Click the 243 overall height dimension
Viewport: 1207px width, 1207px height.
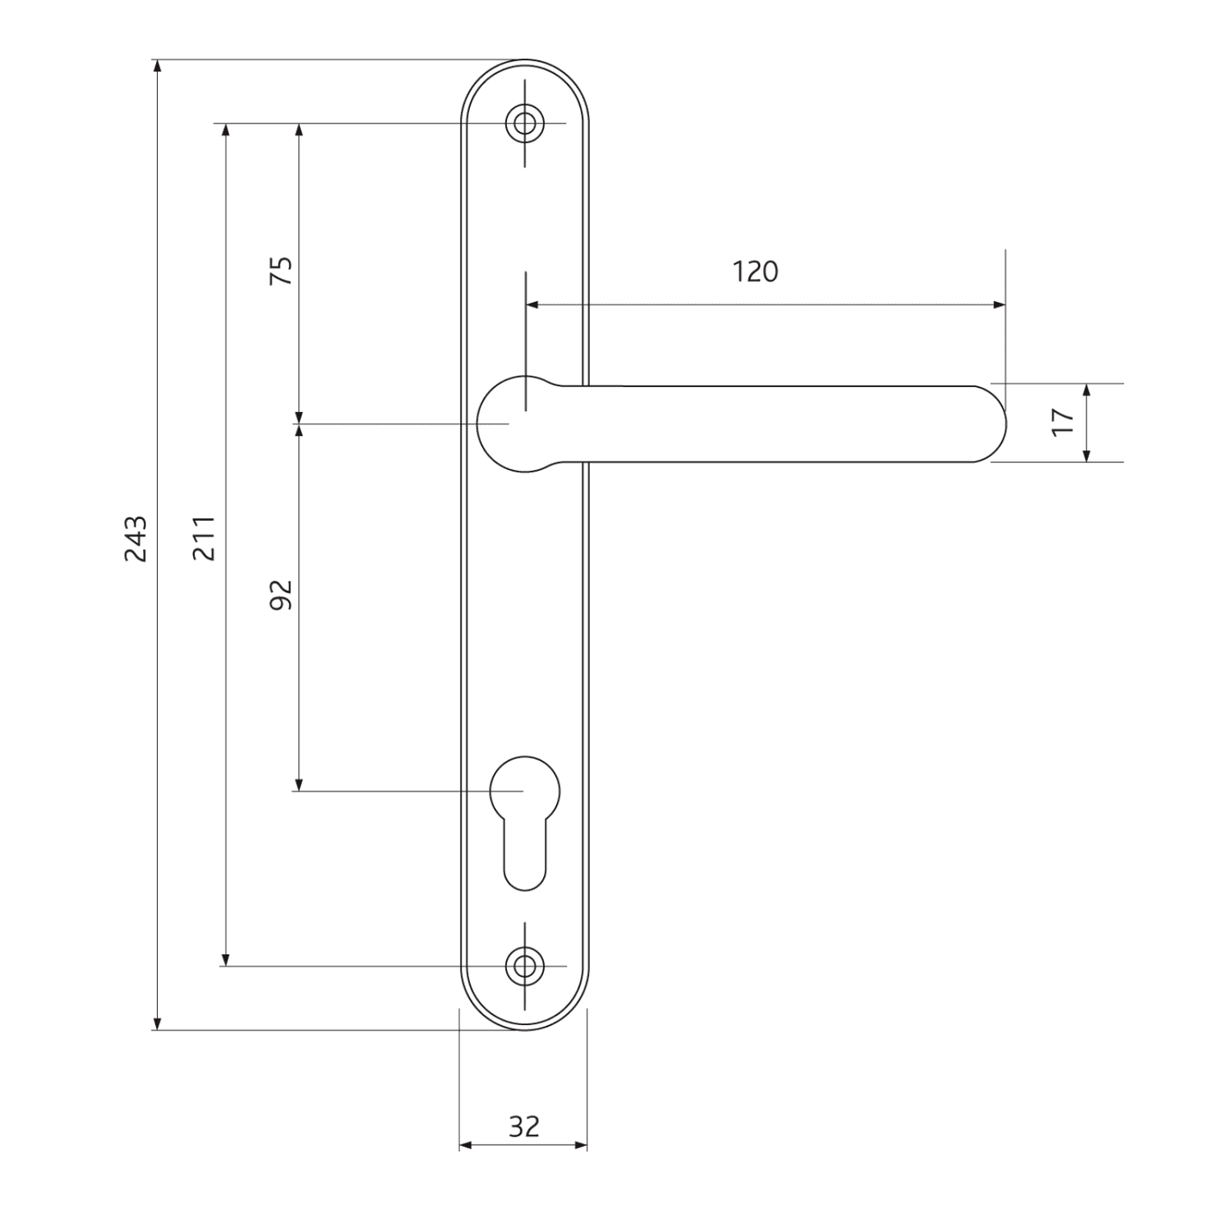point(136,539)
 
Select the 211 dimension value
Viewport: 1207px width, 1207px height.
point(204,539)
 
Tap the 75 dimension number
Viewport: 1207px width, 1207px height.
point(282,272)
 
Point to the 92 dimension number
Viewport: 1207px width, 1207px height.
point(282,595)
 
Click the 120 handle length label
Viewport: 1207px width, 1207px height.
point(755,272)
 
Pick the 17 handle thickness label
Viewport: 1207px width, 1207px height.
point(1064,422)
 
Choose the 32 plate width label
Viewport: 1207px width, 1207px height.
point(523,1126)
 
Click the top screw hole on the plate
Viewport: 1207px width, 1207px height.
point(524,123)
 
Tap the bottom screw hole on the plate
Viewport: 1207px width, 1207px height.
point(524,966)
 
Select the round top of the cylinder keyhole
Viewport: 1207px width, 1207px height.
point(524,789)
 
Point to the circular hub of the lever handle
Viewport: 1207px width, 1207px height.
point(513,423)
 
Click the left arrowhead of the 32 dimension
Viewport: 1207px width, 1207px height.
point(465,1145)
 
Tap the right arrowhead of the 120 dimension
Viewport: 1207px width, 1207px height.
point(1000,304)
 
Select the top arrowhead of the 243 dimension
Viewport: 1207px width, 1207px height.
point(157,66)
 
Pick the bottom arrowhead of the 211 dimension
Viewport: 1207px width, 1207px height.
point(226,960)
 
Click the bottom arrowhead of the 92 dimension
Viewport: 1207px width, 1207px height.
point(299,785)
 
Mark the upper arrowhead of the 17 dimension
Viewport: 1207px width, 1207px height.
point(1086,390)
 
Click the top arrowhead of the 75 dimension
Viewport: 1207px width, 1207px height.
point(299,130)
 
